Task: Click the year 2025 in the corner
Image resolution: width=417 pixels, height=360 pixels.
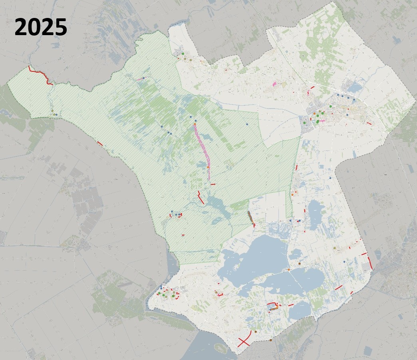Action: click(41, 28)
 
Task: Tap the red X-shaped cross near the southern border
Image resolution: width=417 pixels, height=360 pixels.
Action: click(244, 342)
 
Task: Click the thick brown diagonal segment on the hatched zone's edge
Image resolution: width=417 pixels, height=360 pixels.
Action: click(251, 218)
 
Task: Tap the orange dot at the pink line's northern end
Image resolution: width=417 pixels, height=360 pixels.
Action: click(195, 124)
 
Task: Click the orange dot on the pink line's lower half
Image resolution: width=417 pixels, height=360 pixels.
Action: click(208, 167)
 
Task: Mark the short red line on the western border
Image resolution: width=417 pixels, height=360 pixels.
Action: click(100, 143)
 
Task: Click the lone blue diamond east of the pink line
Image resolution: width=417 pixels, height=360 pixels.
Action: click(247, 124)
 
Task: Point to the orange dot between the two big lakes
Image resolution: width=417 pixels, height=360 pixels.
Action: click(288, 270)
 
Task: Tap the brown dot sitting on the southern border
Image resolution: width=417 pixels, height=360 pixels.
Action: click(271, 340)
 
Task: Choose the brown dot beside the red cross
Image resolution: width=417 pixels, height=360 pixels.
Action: click(255, 332)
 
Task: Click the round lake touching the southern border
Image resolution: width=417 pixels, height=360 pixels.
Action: click(300, 310)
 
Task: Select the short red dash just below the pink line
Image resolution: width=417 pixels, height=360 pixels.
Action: click(213, 184)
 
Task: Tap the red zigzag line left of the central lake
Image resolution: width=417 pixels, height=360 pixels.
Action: click(201, 198)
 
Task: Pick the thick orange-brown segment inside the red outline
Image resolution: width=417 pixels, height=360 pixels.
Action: click(274, 308)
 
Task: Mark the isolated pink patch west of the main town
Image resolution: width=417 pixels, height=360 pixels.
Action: click(274, 84)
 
